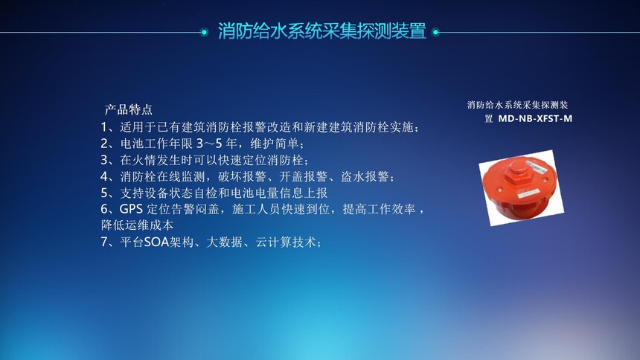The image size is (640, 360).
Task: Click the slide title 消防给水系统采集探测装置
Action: (322, 31)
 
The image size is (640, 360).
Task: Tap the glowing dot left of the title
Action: (204, 32)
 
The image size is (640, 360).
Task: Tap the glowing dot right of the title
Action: (435, 32)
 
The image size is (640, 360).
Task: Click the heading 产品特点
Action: (129, 109)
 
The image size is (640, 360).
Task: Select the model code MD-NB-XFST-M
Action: (535, 119)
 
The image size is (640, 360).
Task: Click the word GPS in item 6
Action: (131, 209)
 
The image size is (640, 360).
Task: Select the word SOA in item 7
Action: (157, 242)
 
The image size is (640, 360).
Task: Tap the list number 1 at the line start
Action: (104, 127)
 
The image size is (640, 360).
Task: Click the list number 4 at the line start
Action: (104, 176)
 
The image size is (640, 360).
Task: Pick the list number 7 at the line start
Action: (104, 242)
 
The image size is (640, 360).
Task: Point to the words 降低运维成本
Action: (137, 225)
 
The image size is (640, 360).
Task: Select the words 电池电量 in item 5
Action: (255, 193)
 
